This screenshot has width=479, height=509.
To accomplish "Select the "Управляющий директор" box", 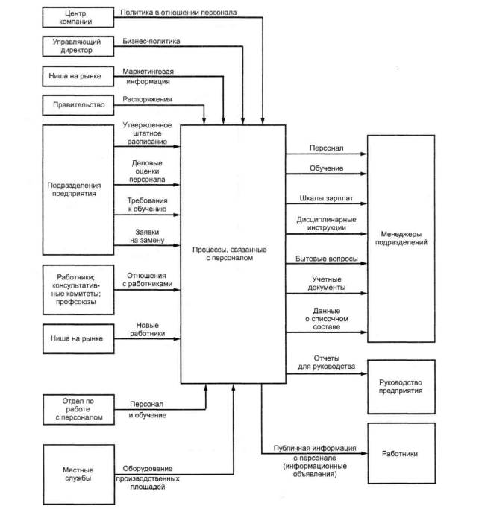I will [x=77, y=47].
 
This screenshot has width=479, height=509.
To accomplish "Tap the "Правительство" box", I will [x=77, y=105].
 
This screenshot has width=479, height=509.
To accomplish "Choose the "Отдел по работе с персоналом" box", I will [x=77, y=408].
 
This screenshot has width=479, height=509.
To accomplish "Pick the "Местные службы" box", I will [x=77, y=472].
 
